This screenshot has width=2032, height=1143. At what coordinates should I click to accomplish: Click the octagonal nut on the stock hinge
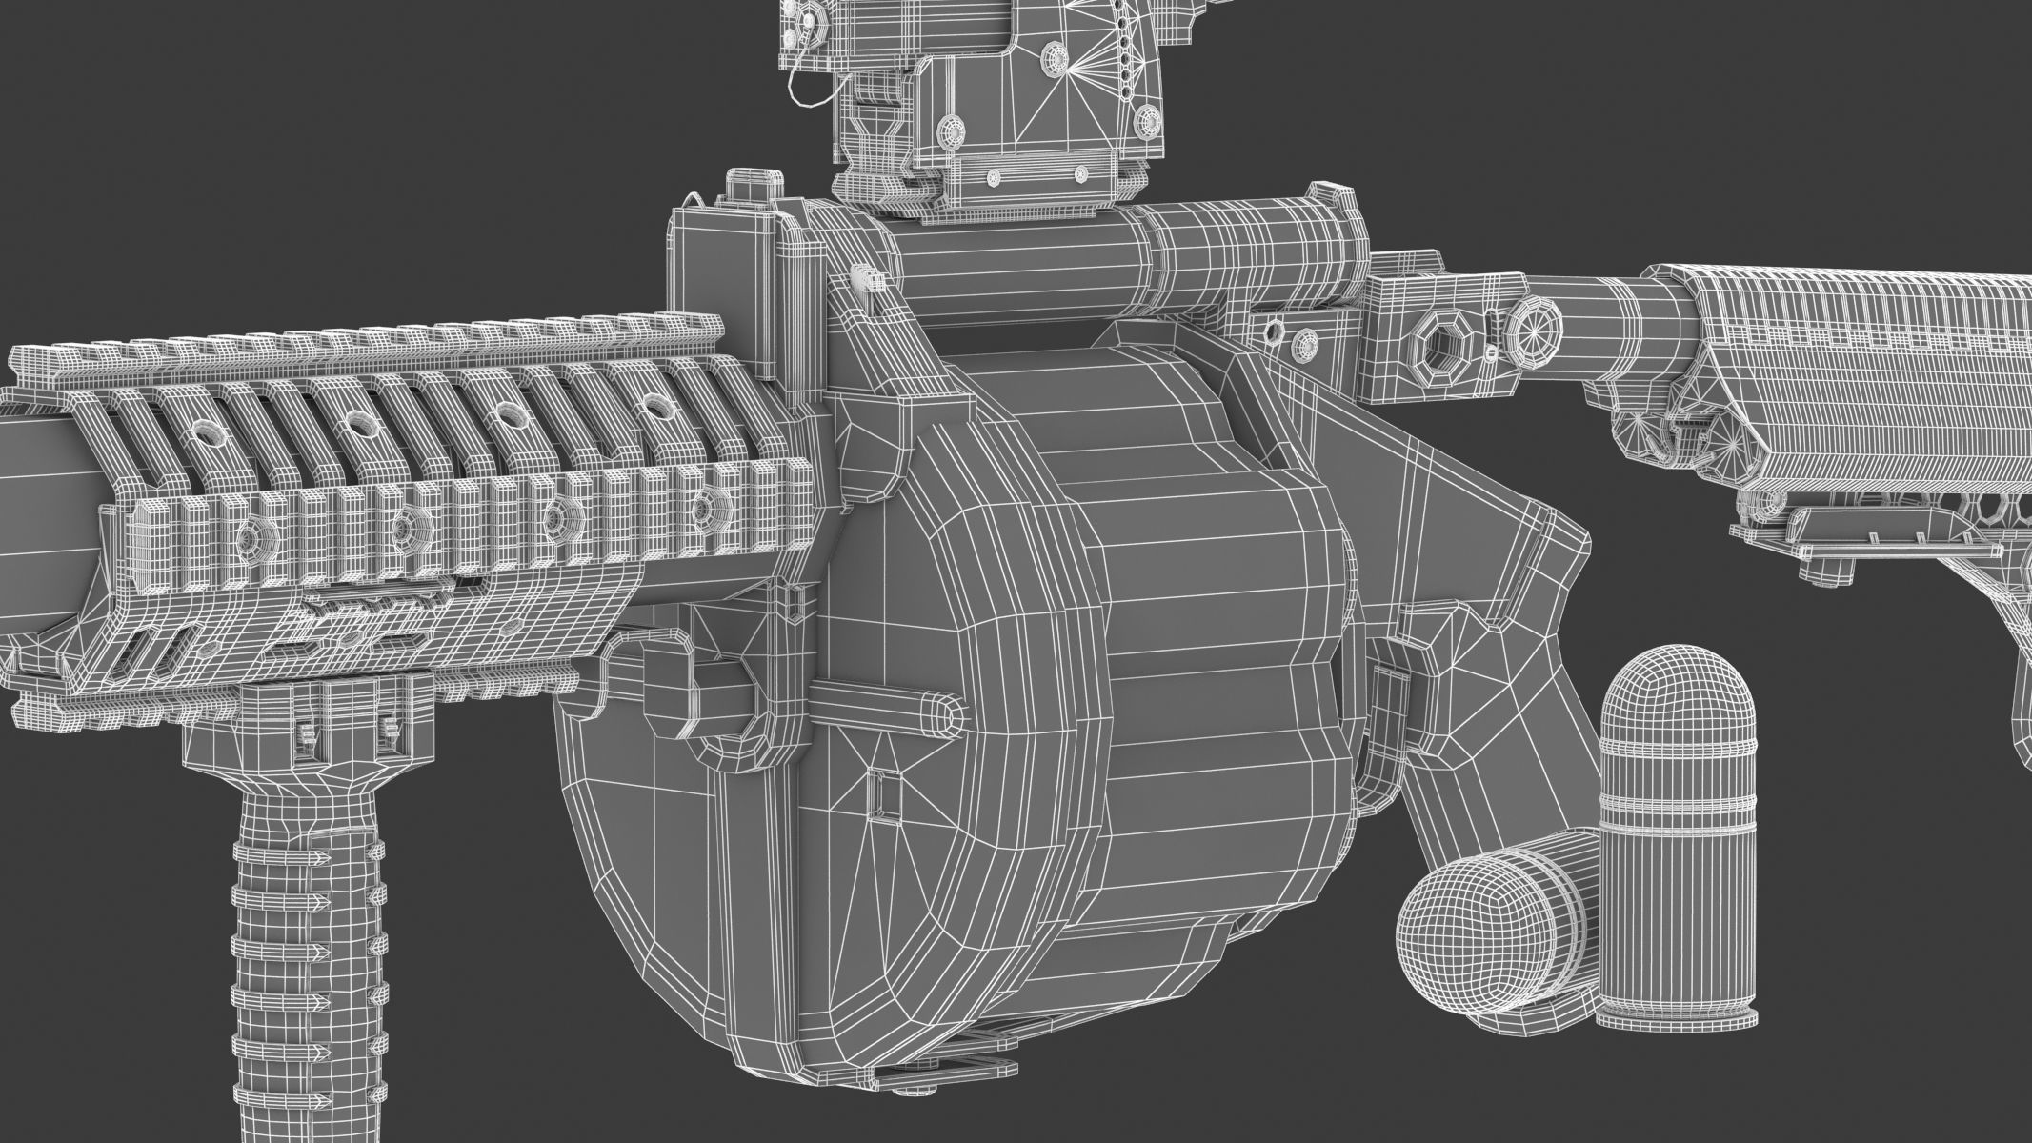pos(1438,337)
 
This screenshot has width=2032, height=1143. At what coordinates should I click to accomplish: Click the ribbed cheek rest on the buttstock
pos(1867,381)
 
